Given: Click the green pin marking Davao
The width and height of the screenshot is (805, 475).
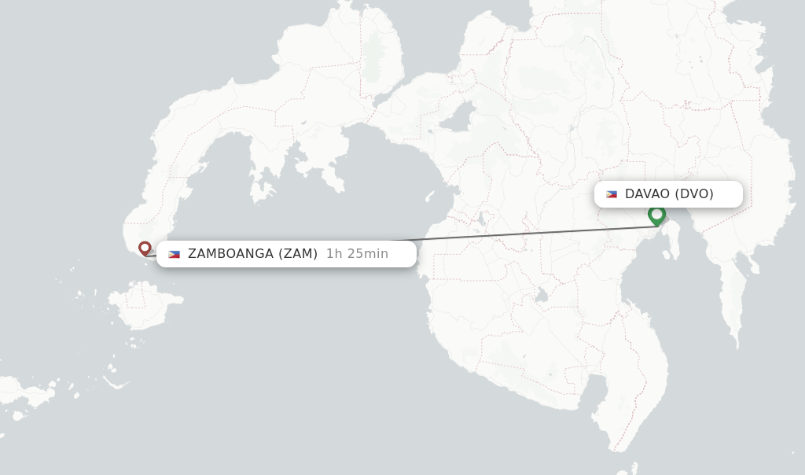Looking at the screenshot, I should pos(656,214).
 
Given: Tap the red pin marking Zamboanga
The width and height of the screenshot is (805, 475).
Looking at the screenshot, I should pos(145,249).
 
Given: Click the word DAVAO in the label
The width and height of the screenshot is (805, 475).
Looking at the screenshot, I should pos(647,194).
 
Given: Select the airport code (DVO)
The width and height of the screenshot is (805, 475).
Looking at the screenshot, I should pos(694,194).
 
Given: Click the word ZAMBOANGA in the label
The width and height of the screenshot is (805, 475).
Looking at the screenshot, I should pos(230,254).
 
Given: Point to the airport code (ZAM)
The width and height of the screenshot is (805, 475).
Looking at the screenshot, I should pos(298,254).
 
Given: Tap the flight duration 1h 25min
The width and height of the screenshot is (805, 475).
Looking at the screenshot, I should pos(357,254).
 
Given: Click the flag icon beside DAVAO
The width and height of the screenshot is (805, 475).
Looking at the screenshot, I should pos(612,194).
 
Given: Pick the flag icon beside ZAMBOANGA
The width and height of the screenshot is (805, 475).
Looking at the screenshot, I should pos(174,254).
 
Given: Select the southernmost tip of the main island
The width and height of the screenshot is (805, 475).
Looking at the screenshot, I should pos(618,449).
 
